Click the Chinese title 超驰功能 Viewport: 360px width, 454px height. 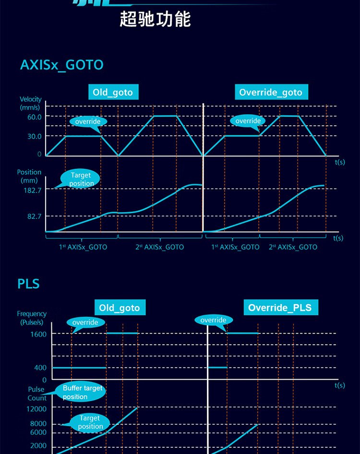click(x=155, y=19)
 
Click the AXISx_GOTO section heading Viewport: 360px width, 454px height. click(x=61, y=65)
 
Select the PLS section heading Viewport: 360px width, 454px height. click(x=28, y=284)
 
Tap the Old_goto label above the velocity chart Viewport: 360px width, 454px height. click(x=113, y=92)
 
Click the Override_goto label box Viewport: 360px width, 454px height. click(x=271, y=92)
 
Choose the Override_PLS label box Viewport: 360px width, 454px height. click(x=280, y=308)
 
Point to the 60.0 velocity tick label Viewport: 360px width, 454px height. click(x=34, y=117)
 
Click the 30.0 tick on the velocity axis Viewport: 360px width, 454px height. click(x=34, y=136)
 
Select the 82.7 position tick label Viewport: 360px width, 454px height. click(x=34, y=217)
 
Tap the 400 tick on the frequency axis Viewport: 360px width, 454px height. click(x=40, y=368)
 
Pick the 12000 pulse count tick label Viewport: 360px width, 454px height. click(x=36, y=409)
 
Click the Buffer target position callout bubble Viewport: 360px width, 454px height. click(x=82, y=392)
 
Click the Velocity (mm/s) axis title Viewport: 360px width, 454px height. click(x=30, y=103)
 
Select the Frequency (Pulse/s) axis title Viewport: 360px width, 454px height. click(x=32, y=318)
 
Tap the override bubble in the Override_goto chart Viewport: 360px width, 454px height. click(x=248, y=121)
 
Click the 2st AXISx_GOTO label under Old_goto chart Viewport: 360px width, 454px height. click(x=159, y=247)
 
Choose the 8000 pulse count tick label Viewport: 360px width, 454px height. click(x=38, y=424)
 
